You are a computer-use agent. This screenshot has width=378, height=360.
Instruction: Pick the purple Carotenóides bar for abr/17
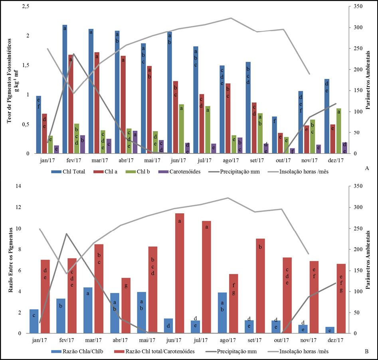pyautogui.click(x=135, y=142)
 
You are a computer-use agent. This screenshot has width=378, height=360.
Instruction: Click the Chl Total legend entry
pyautogui.click(x=65, y=171)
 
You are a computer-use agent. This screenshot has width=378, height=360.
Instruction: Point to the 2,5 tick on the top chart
pyautogui.click(x=26, y=6)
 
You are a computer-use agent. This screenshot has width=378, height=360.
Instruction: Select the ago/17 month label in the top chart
pyautogui.click(x=231, y=160)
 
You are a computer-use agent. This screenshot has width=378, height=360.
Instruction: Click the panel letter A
pyautogui.click(x=366, y=168)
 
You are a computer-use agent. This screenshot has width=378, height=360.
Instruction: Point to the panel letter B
pyautogui.click(x=366, y=351)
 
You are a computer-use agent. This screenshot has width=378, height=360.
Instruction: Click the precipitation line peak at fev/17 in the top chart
pyautogui.click(x=73, y=54)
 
